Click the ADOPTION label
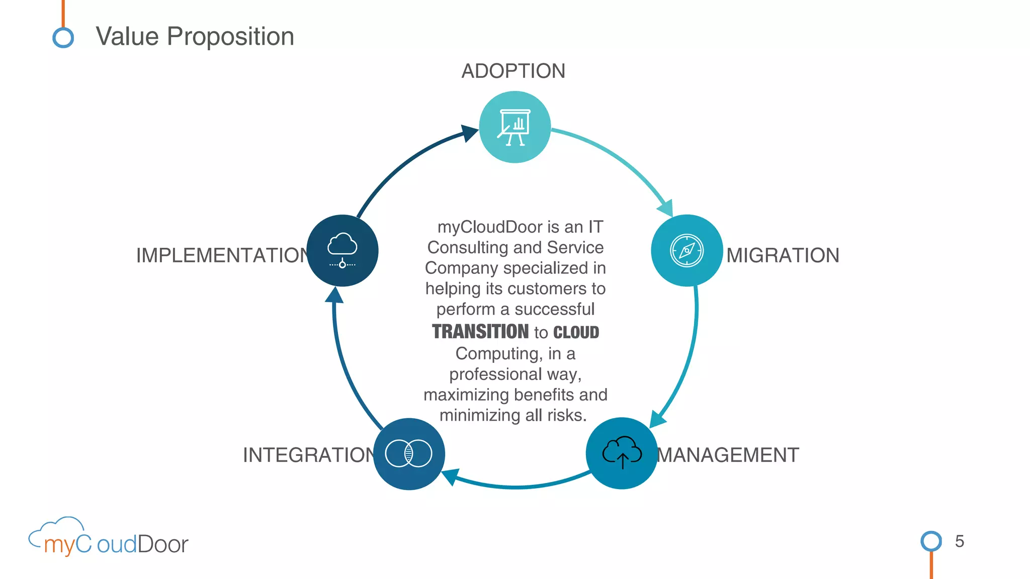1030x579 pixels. pyautogui.click(x=513, y=71)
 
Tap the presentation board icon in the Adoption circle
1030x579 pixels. pyautogui.click(x=514, y=127)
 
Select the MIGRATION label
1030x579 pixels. pyautogui.click(x=783, y=255)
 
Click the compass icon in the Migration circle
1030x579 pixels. pyautogui.click(x=686, y=250)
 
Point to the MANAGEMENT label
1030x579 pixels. pyautogui.click(x=728, y=455)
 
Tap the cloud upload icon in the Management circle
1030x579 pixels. pyautogui.click(x=622, y=452)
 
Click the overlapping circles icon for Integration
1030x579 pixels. pyautogui.click(x=408, y=453)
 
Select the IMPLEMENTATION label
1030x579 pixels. pyautogui.click(x=223, y=255)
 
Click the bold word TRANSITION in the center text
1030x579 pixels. pyautogui.click(x=480, y=332)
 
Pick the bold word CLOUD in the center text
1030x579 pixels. pyautogui.click(x=576, y=332)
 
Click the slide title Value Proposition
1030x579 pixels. pyautogui.click(x=195, y=37)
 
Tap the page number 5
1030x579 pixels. pyautogui.click(x=959, y=541)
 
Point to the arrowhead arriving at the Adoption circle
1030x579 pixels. pyautogui.click(x=469, y=133)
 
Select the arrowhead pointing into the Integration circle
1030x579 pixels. pyautogui.click(x=450, y=476)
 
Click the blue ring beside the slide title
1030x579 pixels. pyautogui.click(x=63, y=38)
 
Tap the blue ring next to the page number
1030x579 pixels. pyautogui.click(x=931, y=541)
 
